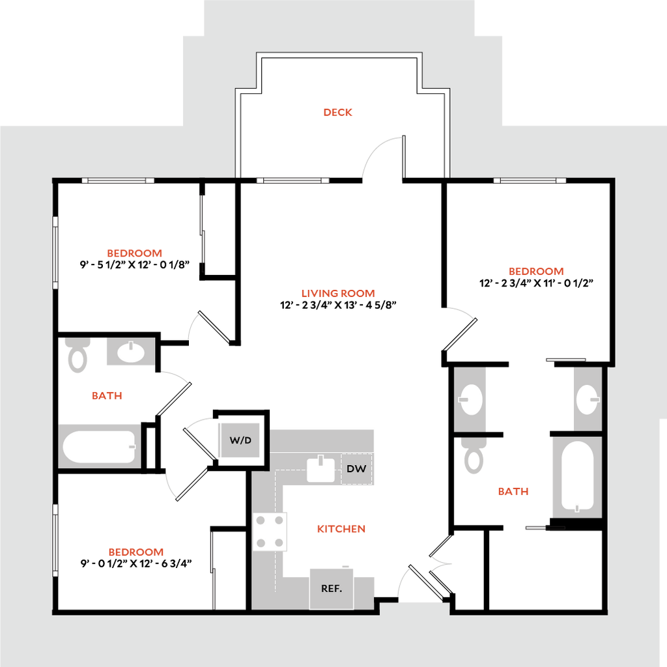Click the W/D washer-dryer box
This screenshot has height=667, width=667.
pos(240,440)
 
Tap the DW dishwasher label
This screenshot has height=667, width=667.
pos(355,468)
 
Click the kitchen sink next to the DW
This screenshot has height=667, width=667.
pos(321,468)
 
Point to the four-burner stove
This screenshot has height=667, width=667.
pos(270,531)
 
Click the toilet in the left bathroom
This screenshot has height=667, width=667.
pos(78,354)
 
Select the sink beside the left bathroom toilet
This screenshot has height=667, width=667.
pos(130,352)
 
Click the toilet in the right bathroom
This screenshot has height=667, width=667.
pos(473,456)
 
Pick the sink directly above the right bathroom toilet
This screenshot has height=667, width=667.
pos(470,398)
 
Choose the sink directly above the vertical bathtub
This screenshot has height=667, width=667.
pos(587,398)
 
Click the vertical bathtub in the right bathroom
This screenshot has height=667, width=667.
pos(576,475)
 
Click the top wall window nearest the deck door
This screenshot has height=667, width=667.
pos(292,180)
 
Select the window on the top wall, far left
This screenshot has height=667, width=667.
pos(118,180)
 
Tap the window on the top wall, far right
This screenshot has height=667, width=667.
pos(530,180)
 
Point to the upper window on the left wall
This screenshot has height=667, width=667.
pos(56,252)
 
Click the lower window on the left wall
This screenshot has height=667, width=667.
pos(56,539)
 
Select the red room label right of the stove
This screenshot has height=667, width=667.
pos(342,529)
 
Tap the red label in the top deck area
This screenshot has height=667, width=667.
pos(338,112)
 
